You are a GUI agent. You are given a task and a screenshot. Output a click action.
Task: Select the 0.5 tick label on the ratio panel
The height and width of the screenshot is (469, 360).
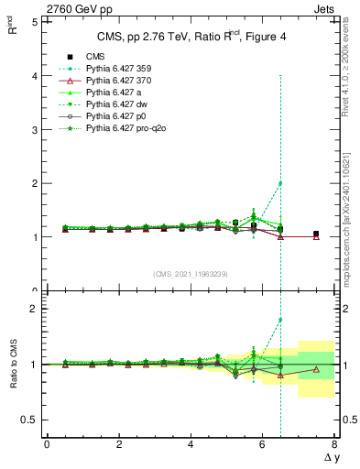coord(27,420)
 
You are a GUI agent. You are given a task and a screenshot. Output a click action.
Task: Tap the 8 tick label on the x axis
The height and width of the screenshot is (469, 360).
coord(333,444)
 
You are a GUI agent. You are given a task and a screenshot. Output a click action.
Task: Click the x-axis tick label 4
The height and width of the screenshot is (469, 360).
coord(191,444)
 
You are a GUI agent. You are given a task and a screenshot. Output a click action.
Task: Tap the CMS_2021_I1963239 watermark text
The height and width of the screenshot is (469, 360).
coord(190,274)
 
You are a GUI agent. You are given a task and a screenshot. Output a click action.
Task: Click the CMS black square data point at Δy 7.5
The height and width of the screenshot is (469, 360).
coord(316,234)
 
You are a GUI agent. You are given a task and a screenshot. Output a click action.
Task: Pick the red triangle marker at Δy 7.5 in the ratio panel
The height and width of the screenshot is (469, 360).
coord(316,369)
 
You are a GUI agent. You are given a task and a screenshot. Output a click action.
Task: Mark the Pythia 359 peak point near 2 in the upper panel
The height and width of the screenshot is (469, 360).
coord(280,183)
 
